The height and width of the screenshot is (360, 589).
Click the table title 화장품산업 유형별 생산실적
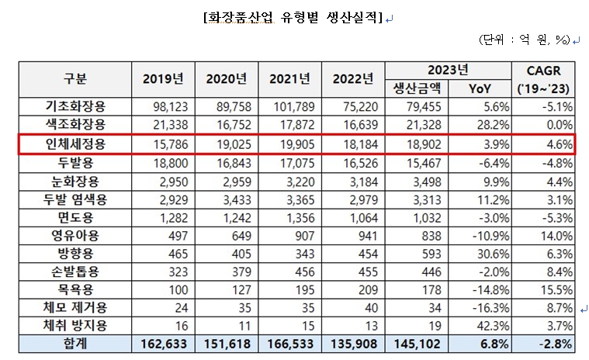pos(293,16)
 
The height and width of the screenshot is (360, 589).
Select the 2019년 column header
pos(164,78)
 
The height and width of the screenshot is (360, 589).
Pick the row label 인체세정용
pos(74,144)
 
